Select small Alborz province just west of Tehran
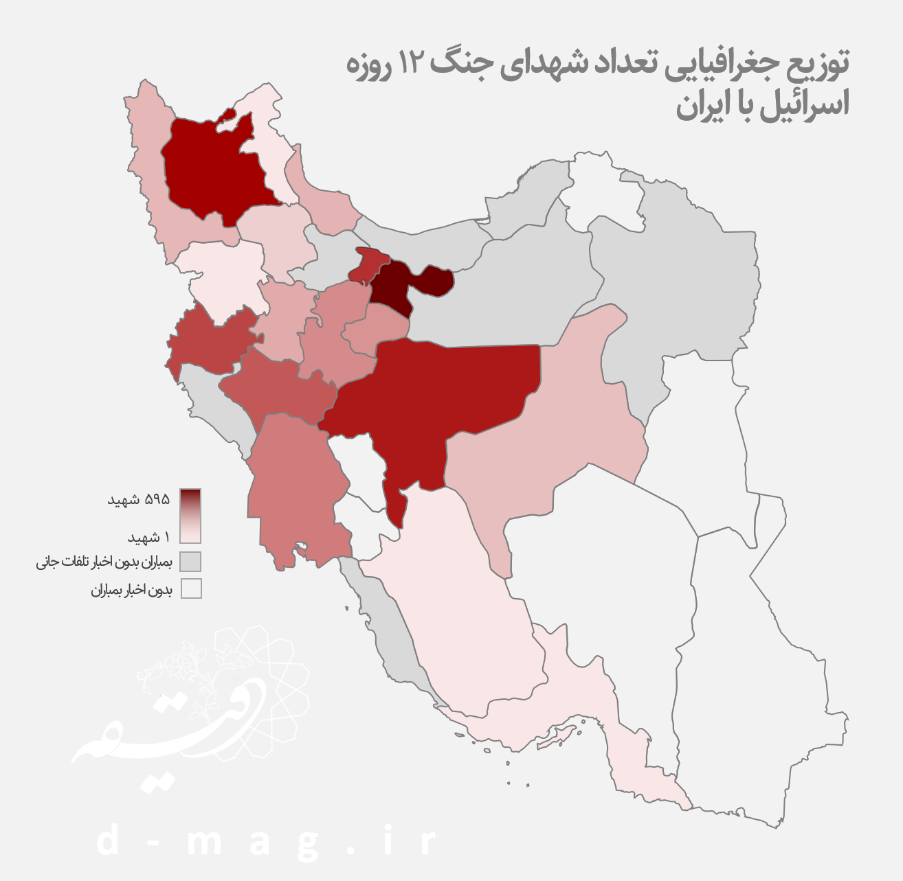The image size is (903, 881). [x=368, y=266]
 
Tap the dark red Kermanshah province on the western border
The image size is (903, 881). [x=210, y=340]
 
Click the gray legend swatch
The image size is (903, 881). [x=191, y=562]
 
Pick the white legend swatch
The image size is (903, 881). [x=191, y=589]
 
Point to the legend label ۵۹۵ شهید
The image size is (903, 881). [x=138, y=499]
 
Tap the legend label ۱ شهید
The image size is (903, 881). [x=148, y=536]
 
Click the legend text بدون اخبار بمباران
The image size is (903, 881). [x=131, y=590]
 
